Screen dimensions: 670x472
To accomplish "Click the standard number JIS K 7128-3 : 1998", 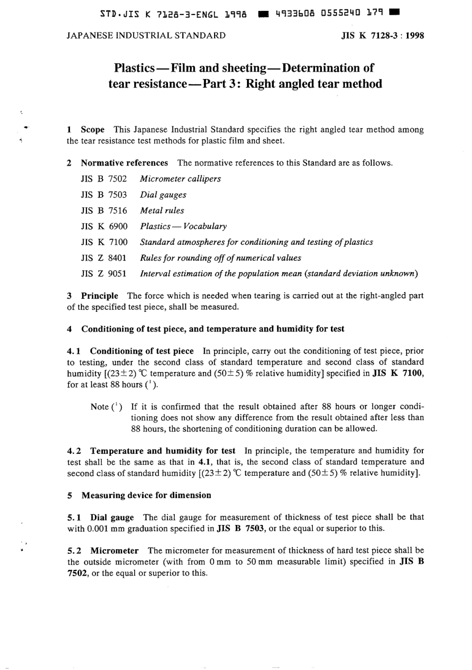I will click(383, 36).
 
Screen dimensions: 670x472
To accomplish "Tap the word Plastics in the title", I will click(134, 68).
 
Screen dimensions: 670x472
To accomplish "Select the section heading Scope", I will click(92, 130).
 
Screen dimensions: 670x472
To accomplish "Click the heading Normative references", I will click(124, 163).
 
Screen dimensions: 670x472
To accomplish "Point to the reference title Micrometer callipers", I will click(180, 179).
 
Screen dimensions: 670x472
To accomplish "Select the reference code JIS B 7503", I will click(104, 195).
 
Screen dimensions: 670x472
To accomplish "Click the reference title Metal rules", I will click(162, 211).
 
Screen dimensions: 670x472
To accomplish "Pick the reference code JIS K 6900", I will click(104, 226).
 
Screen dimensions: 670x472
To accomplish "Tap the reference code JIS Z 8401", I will click(104, 258).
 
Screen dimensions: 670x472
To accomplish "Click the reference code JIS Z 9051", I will click(104, 274).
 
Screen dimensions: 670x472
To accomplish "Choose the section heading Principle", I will click(99, 296).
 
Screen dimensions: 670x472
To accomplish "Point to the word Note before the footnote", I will click(99, 407).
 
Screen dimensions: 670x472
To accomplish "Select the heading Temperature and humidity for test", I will click(162, 451).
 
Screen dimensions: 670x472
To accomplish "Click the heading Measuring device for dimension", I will click(146, 495).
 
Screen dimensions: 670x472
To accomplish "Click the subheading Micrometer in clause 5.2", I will click(114, 550).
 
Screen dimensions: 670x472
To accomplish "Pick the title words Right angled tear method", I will click(314, 84).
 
